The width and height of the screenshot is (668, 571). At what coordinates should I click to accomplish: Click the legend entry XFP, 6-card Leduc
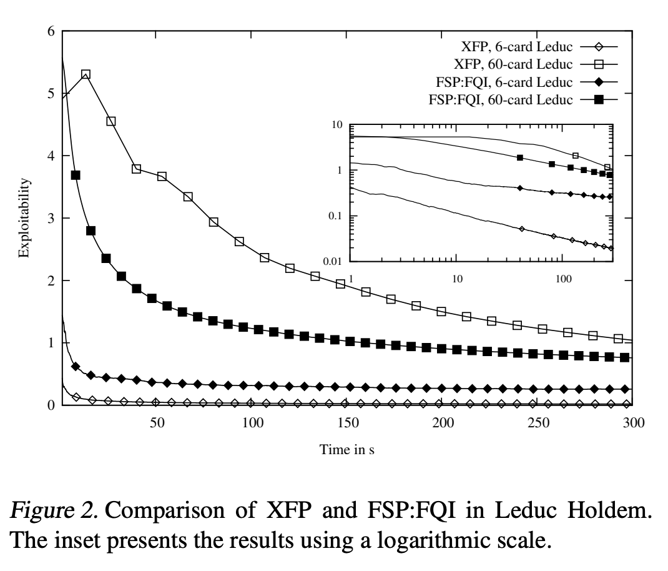[x=539, y=46]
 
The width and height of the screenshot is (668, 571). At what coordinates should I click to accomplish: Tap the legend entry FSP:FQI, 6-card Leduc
[x=526, y=82]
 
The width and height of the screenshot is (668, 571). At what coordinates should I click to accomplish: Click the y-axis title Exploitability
[x=24, y=218]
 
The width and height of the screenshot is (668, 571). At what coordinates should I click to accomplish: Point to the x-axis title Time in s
[x=346, y=449]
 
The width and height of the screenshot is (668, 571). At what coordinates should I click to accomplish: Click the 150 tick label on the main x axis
[x=348, y=422]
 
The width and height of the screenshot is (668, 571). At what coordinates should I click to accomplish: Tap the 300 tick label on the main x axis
[x=634, y=422]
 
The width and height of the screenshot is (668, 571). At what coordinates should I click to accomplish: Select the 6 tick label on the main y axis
[x=51, y=31]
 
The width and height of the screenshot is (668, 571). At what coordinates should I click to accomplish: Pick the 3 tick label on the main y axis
[x=51, y=218]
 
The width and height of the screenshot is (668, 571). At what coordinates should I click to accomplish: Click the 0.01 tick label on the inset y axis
[x=332, y=261]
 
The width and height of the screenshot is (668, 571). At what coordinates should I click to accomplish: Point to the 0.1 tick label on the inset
[x=335, y=216]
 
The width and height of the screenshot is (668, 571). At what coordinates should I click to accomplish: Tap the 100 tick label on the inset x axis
[x=563, y=279]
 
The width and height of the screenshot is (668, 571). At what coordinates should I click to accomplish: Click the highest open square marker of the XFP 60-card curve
[x=86, y=74]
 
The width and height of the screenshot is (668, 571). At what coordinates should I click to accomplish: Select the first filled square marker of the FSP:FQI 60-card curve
[x=76, y=176]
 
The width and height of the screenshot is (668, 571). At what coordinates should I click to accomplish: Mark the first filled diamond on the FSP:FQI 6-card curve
[x=76, y=366]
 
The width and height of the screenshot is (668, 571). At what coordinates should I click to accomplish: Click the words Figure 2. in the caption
[x=54, y=510]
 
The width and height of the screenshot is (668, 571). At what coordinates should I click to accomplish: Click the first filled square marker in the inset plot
[x=520, y=158]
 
